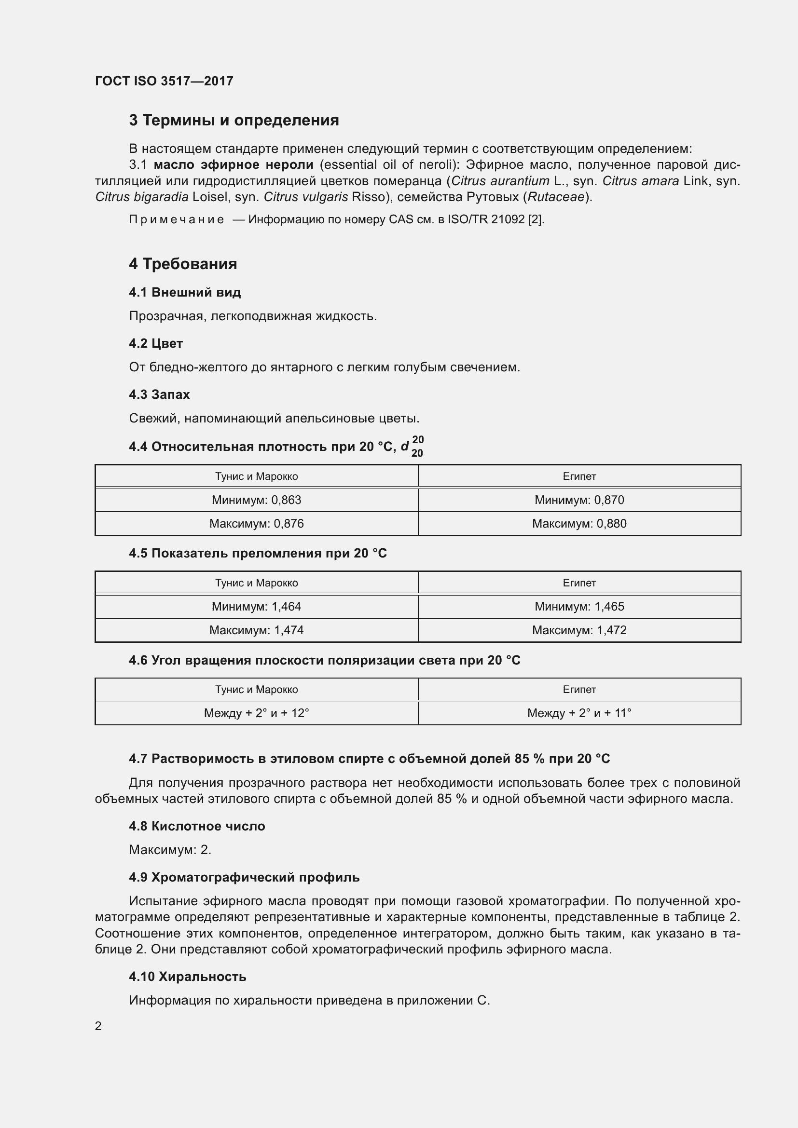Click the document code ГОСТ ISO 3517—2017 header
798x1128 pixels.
(164, 81)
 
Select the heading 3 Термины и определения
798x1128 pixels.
(234, 121)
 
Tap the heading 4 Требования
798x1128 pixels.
(183, 264)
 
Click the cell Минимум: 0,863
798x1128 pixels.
(256, 500)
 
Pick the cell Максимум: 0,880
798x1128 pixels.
(579, 524)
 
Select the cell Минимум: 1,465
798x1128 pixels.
(579, 607)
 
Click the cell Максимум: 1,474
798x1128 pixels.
(256, 630)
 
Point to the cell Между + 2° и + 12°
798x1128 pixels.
(256, 713)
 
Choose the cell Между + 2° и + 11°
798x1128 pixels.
(579, 713)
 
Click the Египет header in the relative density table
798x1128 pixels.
(579, 476)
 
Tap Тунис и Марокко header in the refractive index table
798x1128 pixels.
(256, 583)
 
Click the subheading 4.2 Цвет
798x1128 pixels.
(156, 343)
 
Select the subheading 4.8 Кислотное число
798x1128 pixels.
(196, 827)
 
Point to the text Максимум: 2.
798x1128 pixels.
(170, 850)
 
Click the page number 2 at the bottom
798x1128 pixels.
(98, 1026)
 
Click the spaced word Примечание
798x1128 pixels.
(177, 219)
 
